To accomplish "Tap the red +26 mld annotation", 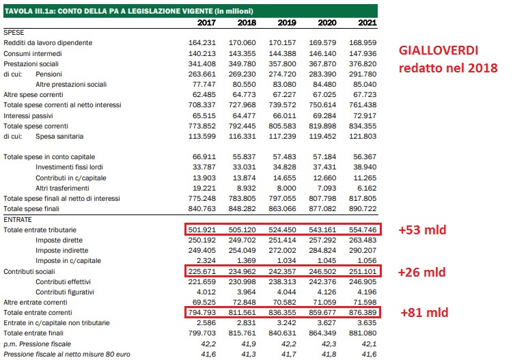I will point(421,271).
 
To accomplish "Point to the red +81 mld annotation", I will point(421,314).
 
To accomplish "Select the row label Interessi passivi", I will point(28,115).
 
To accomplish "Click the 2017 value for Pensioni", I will point(202,74).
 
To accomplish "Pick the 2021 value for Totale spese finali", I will point(363,208).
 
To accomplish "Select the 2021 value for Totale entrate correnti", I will point(363,314).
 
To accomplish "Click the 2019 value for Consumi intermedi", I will point(283,53).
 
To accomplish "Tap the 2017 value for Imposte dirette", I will point(202,240).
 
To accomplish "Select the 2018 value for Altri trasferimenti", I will point(240,187).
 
